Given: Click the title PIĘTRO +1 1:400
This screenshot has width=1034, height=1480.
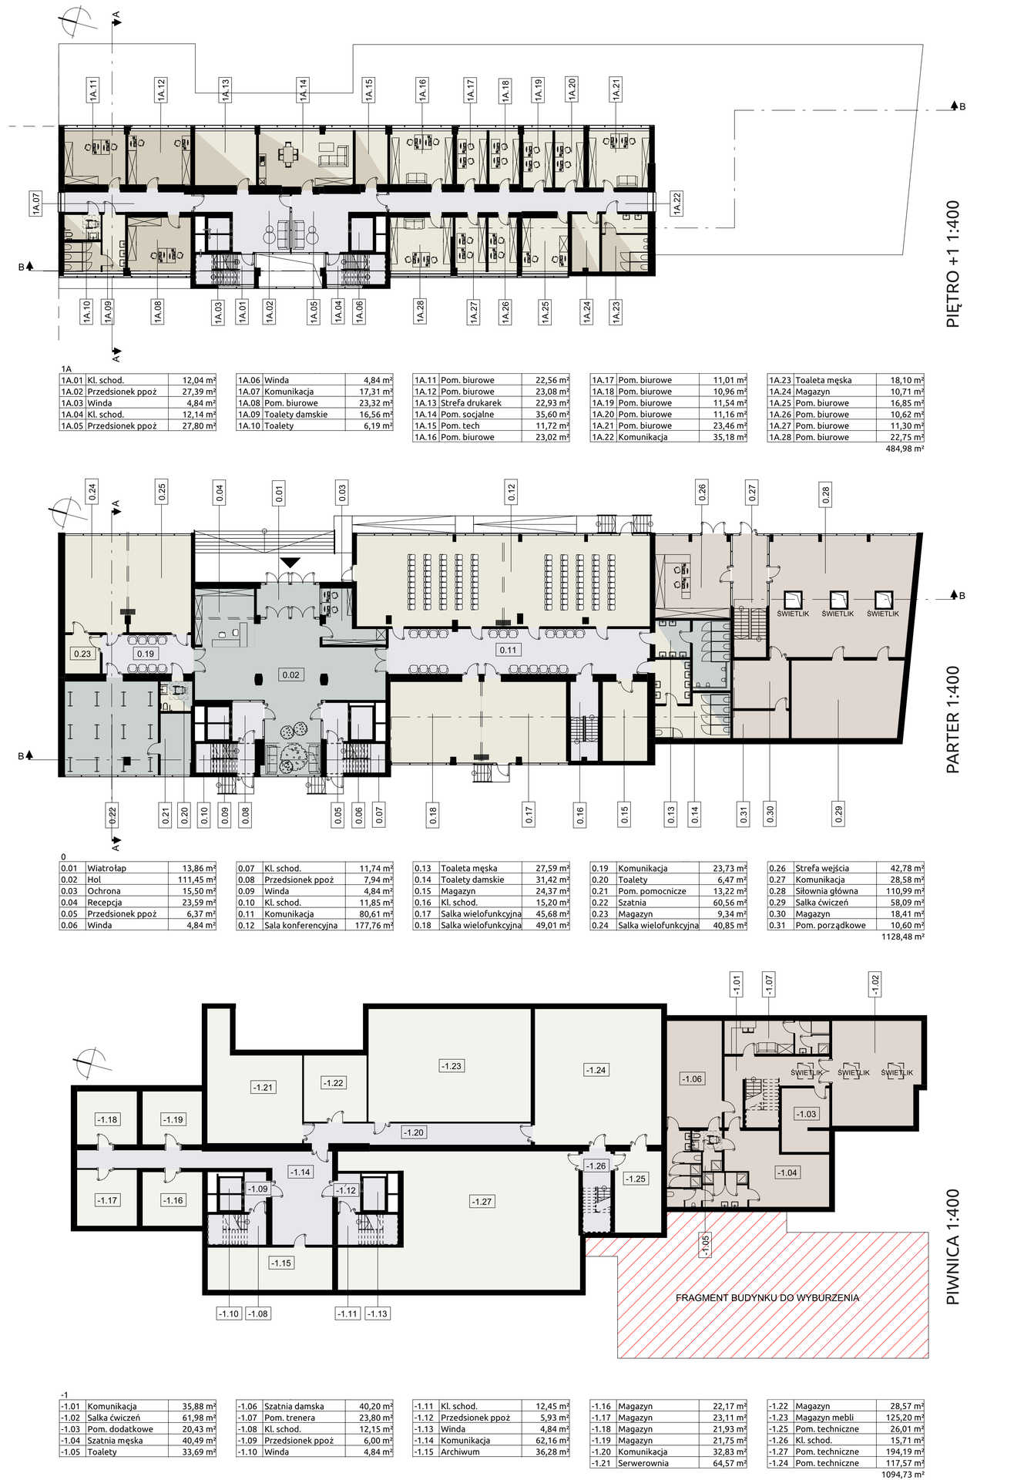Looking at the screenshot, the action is tap(953, 264).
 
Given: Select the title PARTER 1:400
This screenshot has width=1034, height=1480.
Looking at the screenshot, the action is tap(953, 719).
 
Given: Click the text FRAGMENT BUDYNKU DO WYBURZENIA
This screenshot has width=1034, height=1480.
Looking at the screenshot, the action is tap(767, 1297).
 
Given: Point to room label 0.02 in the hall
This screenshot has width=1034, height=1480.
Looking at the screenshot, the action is tap(290, 674).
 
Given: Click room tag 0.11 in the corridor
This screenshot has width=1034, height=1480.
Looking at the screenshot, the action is tap(508, 650).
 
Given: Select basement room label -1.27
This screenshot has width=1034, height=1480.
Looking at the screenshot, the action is tap(482, 1201).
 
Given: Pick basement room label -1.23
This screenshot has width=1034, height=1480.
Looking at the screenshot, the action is tap(451, 1066).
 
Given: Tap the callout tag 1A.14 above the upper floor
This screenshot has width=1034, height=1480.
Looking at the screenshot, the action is tap(303, 89).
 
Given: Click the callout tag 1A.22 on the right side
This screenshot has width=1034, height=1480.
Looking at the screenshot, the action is tap(676, 203).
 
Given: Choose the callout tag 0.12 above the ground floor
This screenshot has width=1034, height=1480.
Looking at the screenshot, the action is tap(512, 491).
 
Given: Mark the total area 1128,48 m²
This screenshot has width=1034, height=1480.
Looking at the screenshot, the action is tap(902, 937).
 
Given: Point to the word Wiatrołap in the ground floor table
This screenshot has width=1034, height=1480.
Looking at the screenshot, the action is tap(106, 868).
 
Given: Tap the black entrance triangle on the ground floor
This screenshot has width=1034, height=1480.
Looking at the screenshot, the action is tap(290, 563).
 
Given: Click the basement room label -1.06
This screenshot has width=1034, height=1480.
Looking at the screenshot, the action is tap(691, 1079).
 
